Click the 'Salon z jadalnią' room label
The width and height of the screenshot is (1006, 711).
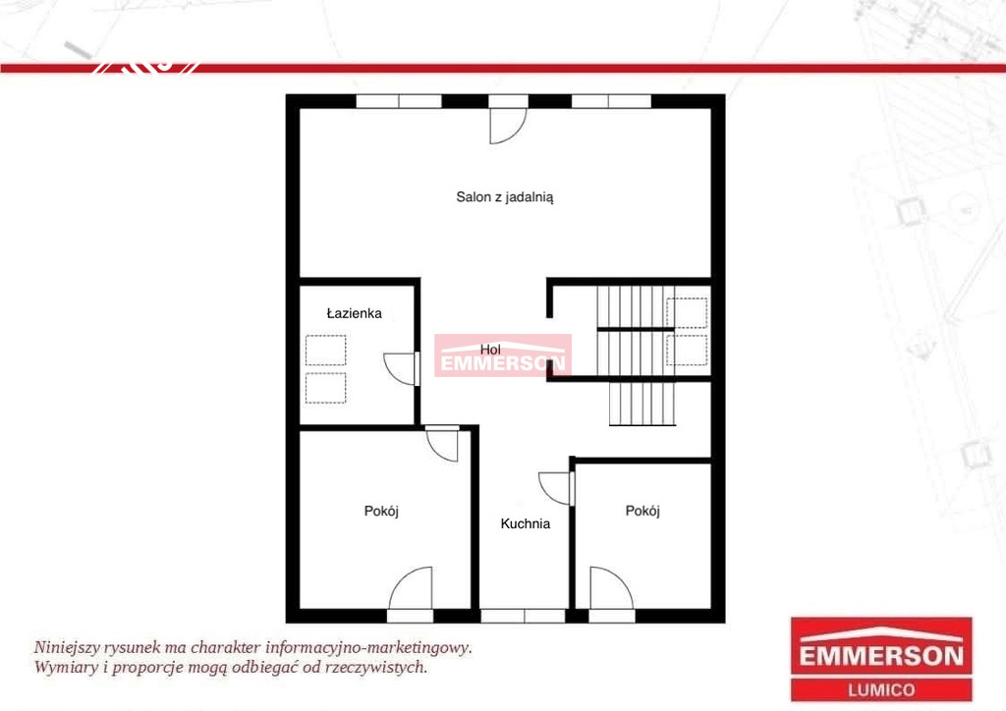coord(504,197)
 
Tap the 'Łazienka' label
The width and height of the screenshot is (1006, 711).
coord(354,313)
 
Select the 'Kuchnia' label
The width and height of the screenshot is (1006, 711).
coord(526,523)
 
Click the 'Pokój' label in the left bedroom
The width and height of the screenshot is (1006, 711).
coord(381,511)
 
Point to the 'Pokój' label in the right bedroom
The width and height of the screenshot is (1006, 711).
coord(643,511)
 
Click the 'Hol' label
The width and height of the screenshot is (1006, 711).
coord(490,350)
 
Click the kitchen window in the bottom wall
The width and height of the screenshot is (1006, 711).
coord(523,616)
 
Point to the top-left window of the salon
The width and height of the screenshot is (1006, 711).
coord(399,101)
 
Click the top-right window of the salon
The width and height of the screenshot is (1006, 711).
coord(611,101)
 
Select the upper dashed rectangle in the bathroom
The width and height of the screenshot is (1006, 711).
coord(325,350)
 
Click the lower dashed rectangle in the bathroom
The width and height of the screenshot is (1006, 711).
coord(325,388)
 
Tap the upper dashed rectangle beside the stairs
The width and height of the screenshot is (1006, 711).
coord(687,313)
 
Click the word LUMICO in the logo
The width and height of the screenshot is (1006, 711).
coord(881,690)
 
